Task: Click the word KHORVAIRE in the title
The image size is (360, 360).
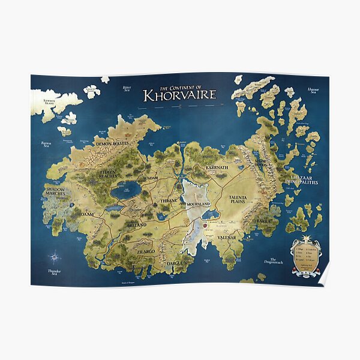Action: coord(178,95)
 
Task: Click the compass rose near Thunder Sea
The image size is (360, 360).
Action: coord(55,257)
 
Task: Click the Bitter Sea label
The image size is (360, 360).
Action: coord(127,89)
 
